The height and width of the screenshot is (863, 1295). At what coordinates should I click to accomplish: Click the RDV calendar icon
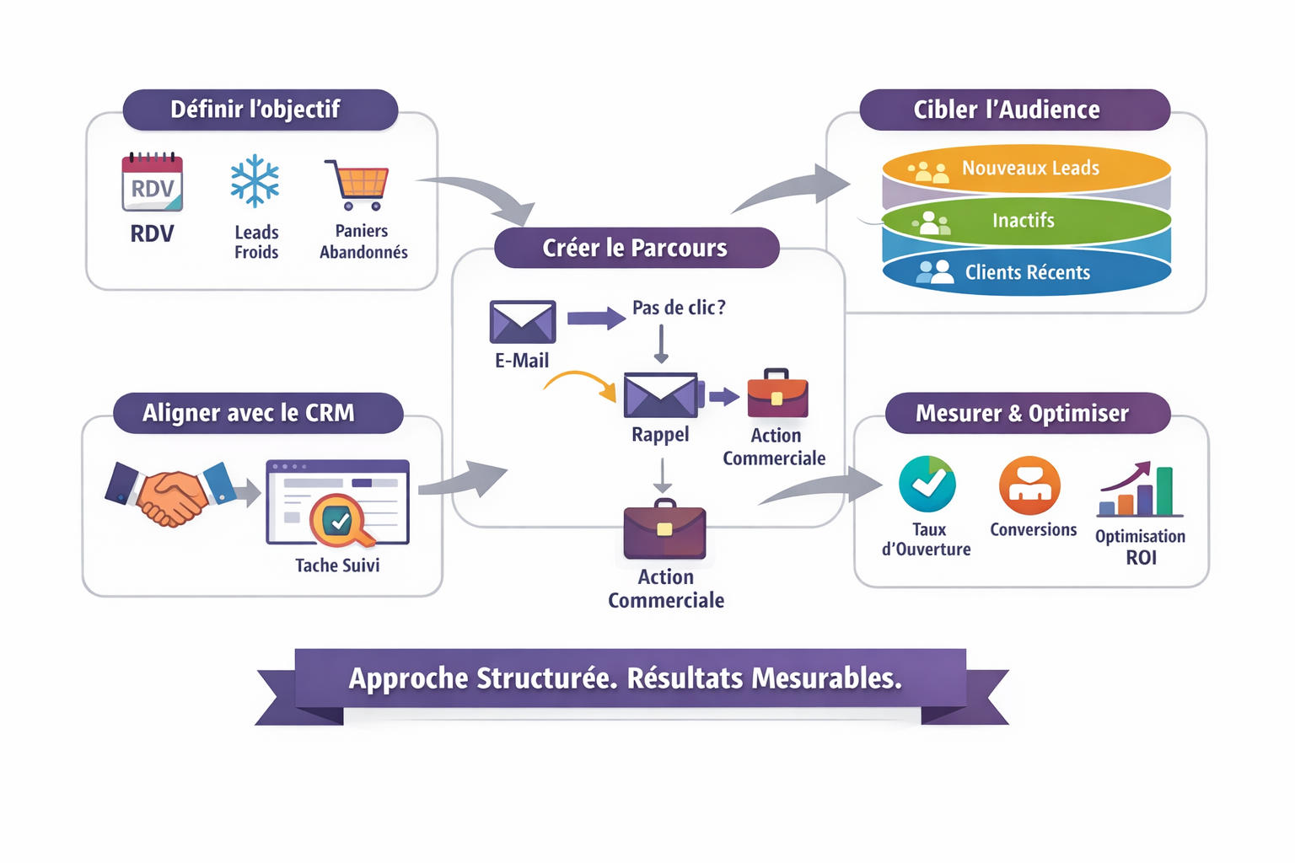[153, 183]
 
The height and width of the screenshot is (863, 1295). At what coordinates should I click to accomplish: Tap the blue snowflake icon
[255, 181]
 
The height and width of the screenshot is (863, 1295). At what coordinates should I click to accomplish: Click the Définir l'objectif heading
[255, 110]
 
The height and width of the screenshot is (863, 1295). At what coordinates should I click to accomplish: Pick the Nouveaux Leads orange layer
[1026, 169]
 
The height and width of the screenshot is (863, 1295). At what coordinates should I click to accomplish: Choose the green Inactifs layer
[1026, 221]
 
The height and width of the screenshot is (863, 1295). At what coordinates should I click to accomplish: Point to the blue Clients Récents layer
[1026, 273]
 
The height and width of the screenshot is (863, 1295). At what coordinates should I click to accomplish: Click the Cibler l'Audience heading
[1007, 110]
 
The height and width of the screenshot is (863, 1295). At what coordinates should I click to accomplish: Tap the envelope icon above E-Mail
[523, 321]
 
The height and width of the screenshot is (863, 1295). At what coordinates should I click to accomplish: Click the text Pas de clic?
[679, 308]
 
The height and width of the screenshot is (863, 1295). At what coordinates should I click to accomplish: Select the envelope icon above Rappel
[662, 395]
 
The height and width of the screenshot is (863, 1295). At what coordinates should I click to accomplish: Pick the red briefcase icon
[777, 394]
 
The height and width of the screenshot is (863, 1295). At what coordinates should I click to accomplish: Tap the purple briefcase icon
[664, 530]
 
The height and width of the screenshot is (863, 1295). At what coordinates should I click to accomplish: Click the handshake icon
[172, 496]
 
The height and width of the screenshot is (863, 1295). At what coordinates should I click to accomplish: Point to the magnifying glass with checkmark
[340, 521]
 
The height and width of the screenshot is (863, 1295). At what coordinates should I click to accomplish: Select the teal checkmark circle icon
[927, 485]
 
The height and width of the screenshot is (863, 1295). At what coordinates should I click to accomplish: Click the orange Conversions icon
[1029, 485]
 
